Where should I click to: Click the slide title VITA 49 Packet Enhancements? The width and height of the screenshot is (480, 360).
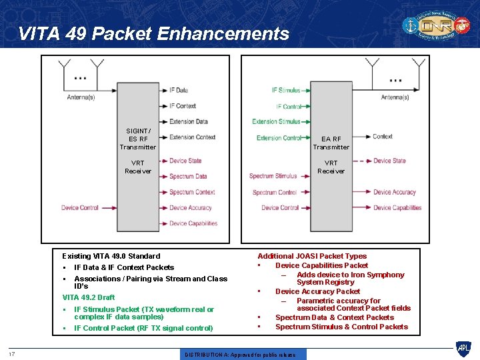coord(154,33)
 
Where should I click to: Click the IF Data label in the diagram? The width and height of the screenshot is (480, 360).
coord(178,90)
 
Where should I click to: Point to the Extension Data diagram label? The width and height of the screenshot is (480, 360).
coord(189,121)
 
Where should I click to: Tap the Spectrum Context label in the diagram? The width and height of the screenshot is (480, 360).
coord(192,192)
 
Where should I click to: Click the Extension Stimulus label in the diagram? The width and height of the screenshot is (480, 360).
coord(277,121)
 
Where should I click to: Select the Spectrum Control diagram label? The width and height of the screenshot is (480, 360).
coord(274,192)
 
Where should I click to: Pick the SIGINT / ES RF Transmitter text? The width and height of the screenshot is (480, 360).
coord(138,139)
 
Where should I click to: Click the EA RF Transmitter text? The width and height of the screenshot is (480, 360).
coord(331,143)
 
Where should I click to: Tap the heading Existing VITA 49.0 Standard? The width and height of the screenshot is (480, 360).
coord(111,256)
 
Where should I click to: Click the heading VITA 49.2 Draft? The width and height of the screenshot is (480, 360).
coord(89,297)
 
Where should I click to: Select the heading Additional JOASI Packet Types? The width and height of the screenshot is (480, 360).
coord(312,256)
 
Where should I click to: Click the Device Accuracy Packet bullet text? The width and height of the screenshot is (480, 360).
coord(317,291)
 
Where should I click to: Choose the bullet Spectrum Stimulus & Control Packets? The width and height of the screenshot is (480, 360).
coord(341,327)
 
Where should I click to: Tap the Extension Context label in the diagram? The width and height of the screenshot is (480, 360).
coord(192,137)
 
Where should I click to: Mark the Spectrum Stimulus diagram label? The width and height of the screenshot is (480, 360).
coord(273,176)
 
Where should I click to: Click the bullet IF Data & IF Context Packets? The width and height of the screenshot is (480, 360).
coord(124,267)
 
